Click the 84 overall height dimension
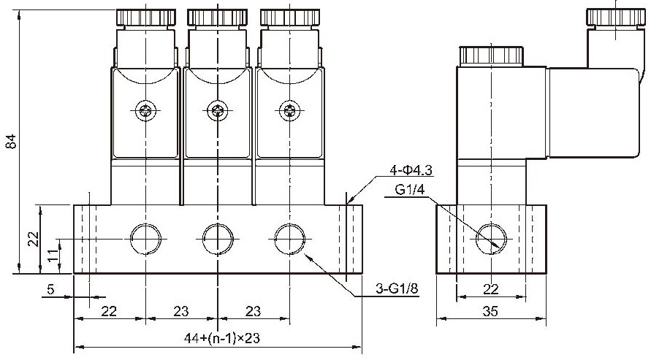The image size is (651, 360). [x=11, y=142]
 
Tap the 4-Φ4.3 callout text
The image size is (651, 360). [x=411, y=169]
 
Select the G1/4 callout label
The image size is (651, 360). [x=410, y=190]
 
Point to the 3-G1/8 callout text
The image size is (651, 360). [x=397, y=288]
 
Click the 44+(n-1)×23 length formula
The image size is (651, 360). [x=221, y=338]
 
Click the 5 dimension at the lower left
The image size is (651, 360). [x=50, y=289]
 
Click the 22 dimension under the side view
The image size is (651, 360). [x=491, y=289]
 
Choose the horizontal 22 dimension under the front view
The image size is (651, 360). [x=109, y=310]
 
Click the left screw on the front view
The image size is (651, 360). [x=145, y=111]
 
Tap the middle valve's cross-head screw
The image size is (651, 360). [x=218, y=111]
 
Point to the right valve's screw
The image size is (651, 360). [x=290, y=111]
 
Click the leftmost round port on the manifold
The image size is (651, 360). [x=145, y=239]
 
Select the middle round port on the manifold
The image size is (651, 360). [x=218, y=239]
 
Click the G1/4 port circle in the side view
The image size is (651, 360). [x=491, y=239]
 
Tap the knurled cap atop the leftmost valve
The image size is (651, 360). [x=145, y=18]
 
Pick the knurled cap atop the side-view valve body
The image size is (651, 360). [x=491, y=56]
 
